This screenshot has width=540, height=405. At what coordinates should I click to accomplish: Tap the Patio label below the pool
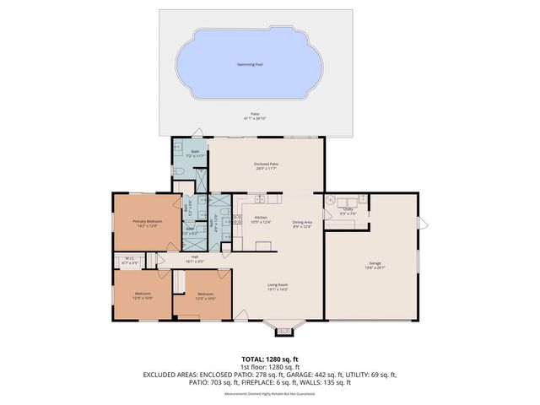pyautogui.click(x=255, y=116)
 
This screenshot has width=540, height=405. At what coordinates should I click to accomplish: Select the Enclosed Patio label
pyautogui.click(x=267, y=165)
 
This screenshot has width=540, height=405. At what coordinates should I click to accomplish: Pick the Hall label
pyautogui.click(x=194, y=259)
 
